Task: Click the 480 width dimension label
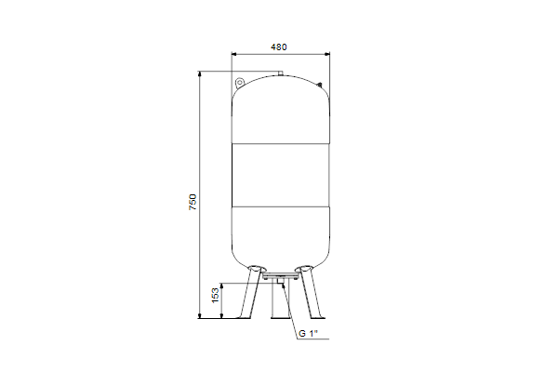click(279, 47)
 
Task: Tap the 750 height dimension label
click(193, 202)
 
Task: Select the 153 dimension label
click(216, 296)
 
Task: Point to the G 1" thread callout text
click(308, 334)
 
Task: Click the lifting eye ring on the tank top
click(240, 83)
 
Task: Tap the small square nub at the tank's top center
click(281, 73)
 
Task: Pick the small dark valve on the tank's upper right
click(320, 85)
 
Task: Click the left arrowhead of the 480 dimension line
click(234, 54)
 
